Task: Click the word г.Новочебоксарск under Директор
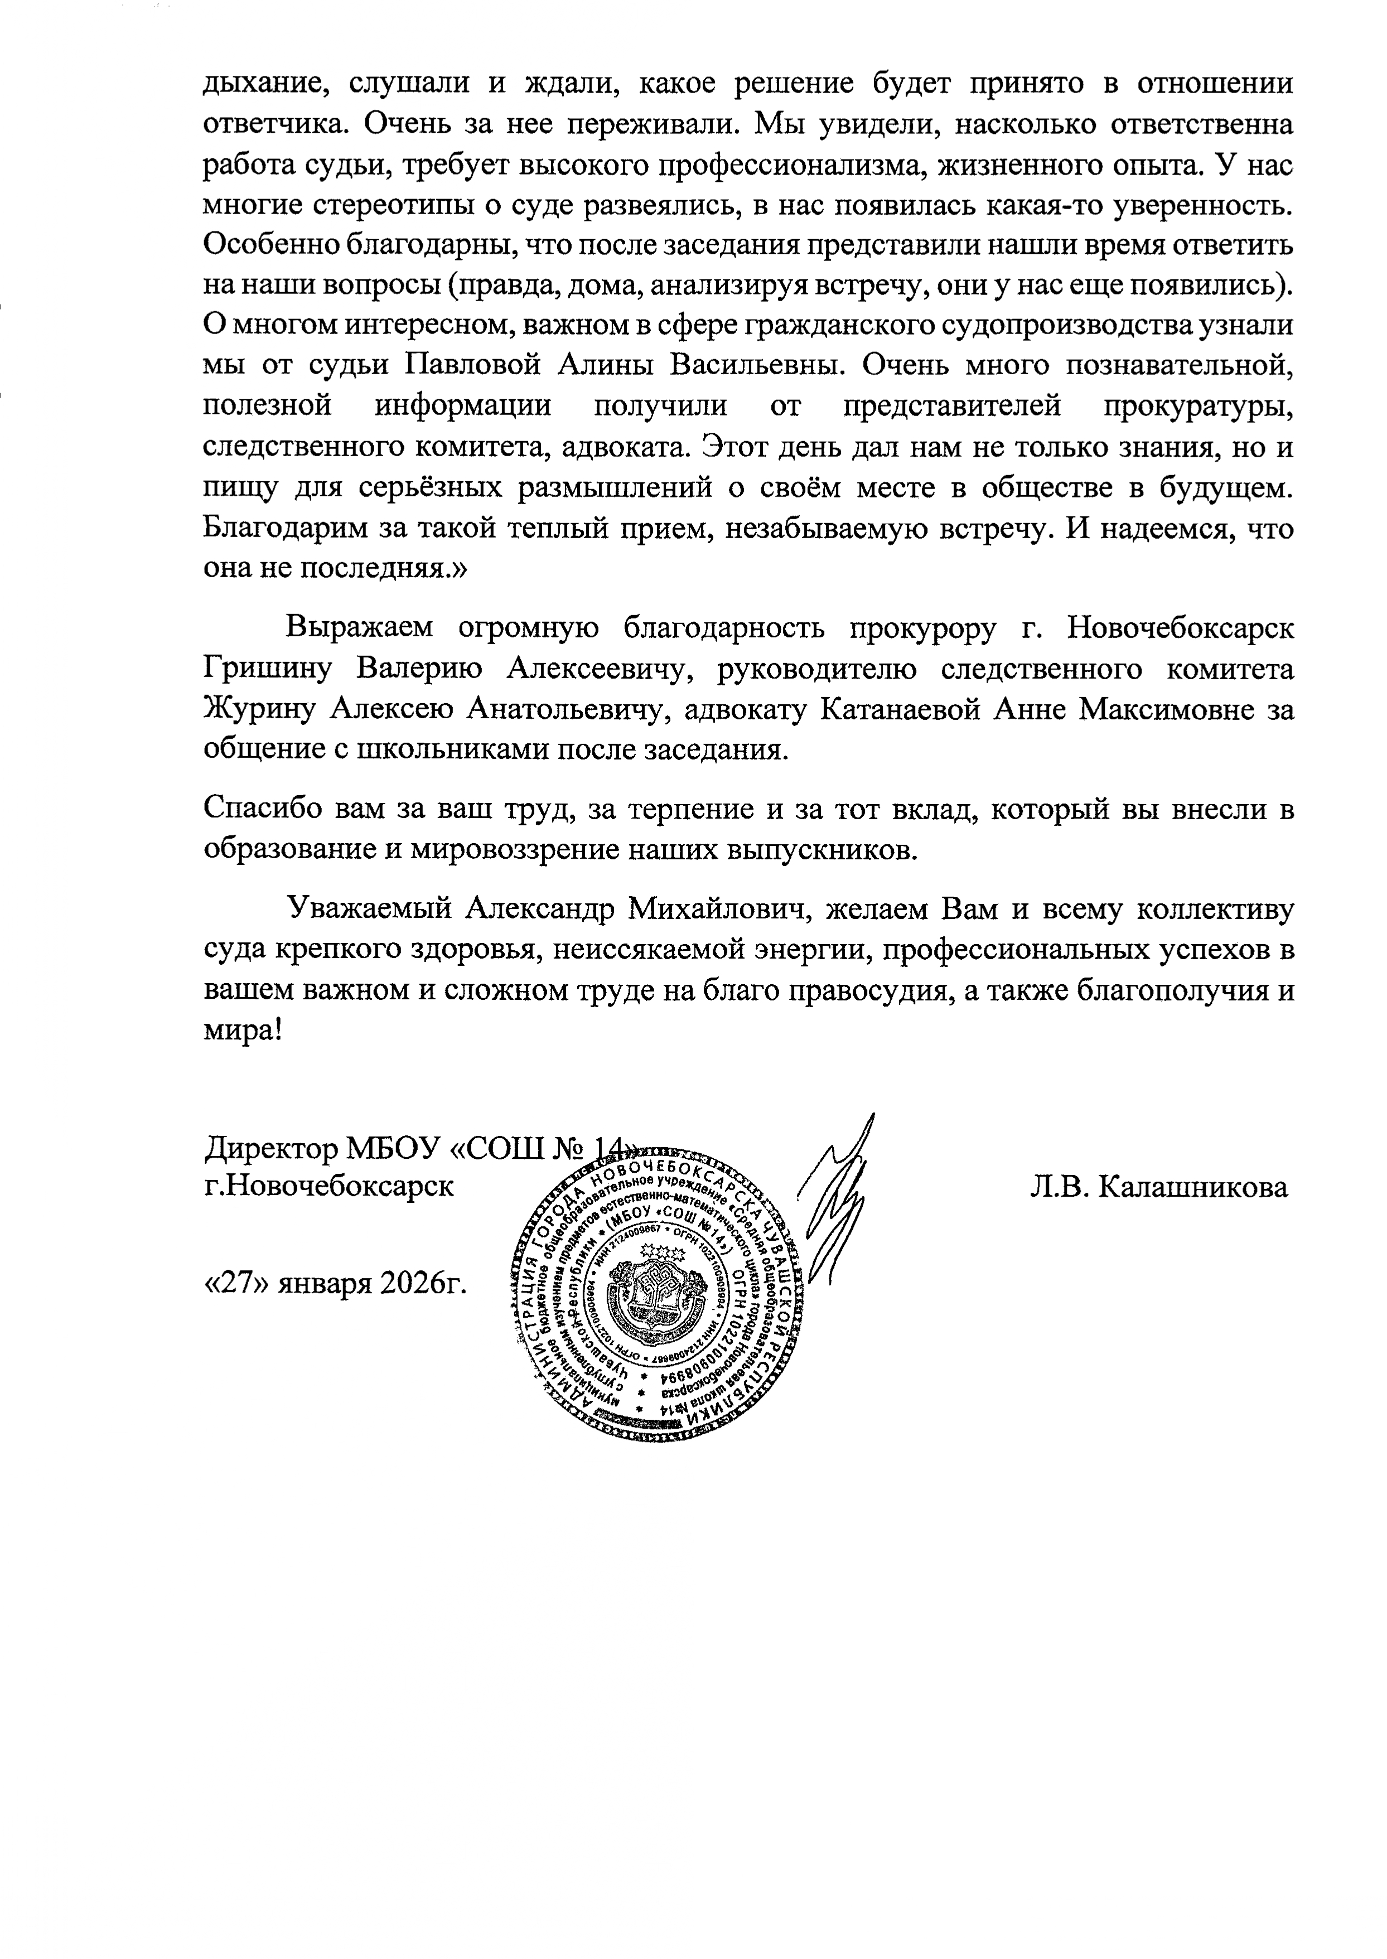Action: click(x=329, y=1187)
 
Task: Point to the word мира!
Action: click(x=243, y=1031)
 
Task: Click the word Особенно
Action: click(x=263, y=245)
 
